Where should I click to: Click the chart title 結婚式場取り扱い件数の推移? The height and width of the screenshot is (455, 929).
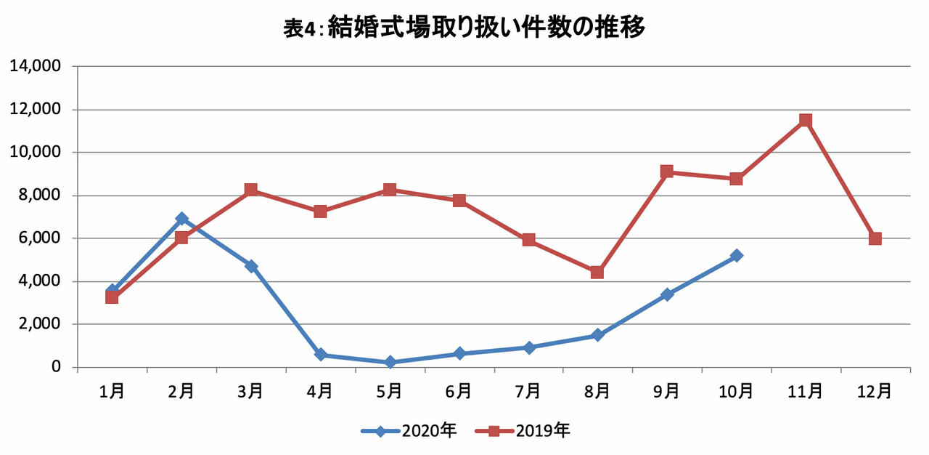tap(486, 28)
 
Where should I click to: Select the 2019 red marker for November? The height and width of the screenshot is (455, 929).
tap(806, 121)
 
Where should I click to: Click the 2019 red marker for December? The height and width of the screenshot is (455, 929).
tap(875, 238)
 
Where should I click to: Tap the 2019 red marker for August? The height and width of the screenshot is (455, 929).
tap(597, 273)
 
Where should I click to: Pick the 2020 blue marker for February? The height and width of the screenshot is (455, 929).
tap(181, 218)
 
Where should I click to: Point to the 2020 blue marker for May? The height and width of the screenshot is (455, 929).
tap(390, 362)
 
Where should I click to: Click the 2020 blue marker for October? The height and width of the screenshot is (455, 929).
tap(736, 255)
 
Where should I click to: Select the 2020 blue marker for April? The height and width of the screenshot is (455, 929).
tap(320, 355)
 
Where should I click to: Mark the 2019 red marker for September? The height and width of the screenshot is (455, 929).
tap(667, 171)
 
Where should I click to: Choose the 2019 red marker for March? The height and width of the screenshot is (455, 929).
tap(251, 190)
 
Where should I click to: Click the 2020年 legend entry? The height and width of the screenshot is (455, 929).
tap(409, 431)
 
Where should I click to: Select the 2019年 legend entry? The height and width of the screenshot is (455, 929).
tap(523, 431)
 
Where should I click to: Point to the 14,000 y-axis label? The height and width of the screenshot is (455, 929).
tap(36, 65)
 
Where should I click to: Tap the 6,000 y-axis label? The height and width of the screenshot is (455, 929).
tap(39, 238)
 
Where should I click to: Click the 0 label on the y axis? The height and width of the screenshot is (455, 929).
tap(56, 366)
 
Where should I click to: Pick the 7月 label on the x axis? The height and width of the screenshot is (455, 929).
tap(528, 391)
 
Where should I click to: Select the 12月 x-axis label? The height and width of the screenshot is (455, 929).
tap(875, 391)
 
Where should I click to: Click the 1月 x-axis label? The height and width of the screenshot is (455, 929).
tap(112, 391)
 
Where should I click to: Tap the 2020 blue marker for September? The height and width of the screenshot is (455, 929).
tap(667, 294)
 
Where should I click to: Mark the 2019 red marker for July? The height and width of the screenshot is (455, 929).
tap(529, 240)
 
